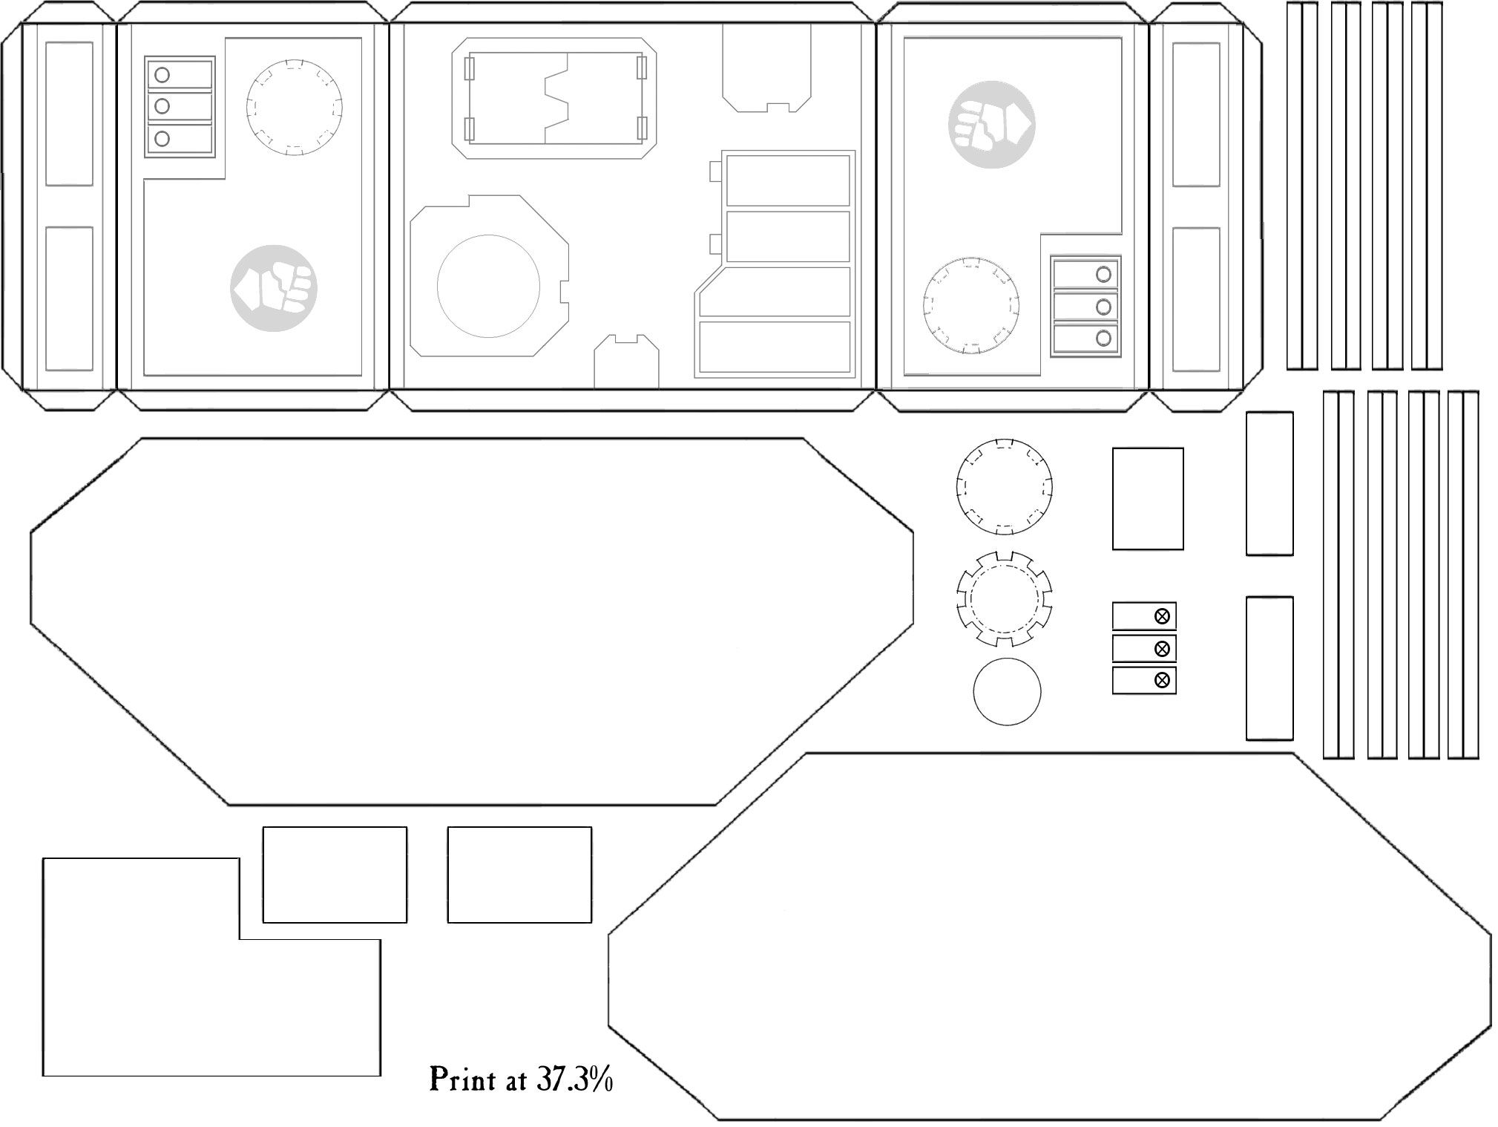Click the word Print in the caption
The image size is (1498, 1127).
tap(463, 1080)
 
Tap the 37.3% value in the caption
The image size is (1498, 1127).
tap(575, 1079)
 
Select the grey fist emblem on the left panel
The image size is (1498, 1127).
tap(274, 288)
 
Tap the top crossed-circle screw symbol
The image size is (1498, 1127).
tap(1162, 616)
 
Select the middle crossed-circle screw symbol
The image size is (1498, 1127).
tap(1162, 649)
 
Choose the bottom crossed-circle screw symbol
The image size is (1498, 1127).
tap(1162, 680)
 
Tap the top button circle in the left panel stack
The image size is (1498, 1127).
tap(162, 75)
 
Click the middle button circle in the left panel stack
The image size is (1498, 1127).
tap(162, 107)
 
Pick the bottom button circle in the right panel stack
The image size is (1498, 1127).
tap(1103, 339)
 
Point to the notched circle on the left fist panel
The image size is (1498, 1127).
tap(246, 107)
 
